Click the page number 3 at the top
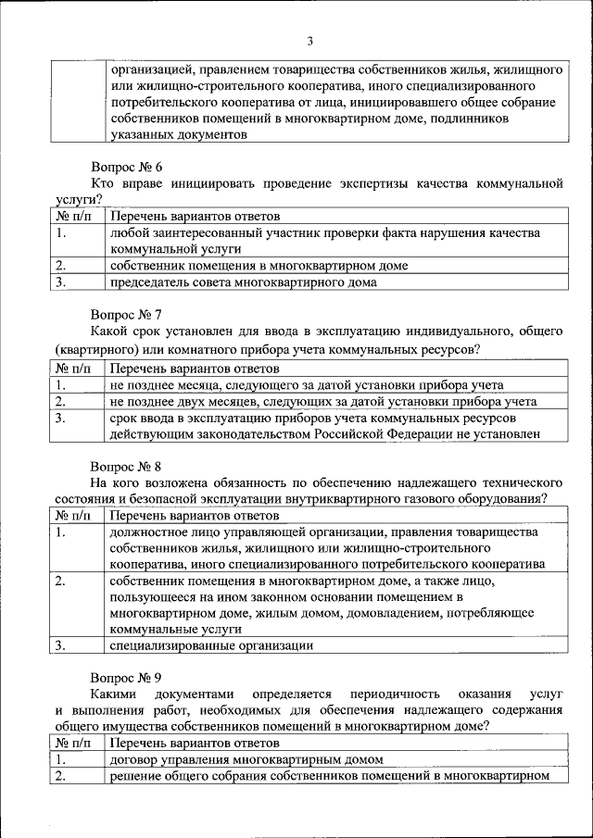[310, 41]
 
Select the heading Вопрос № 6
[126, 168]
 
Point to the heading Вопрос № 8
[126, 467]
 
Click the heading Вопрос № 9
[126, 676]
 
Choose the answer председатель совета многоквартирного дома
[243, 282]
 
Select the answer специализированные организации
[211, 645]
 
